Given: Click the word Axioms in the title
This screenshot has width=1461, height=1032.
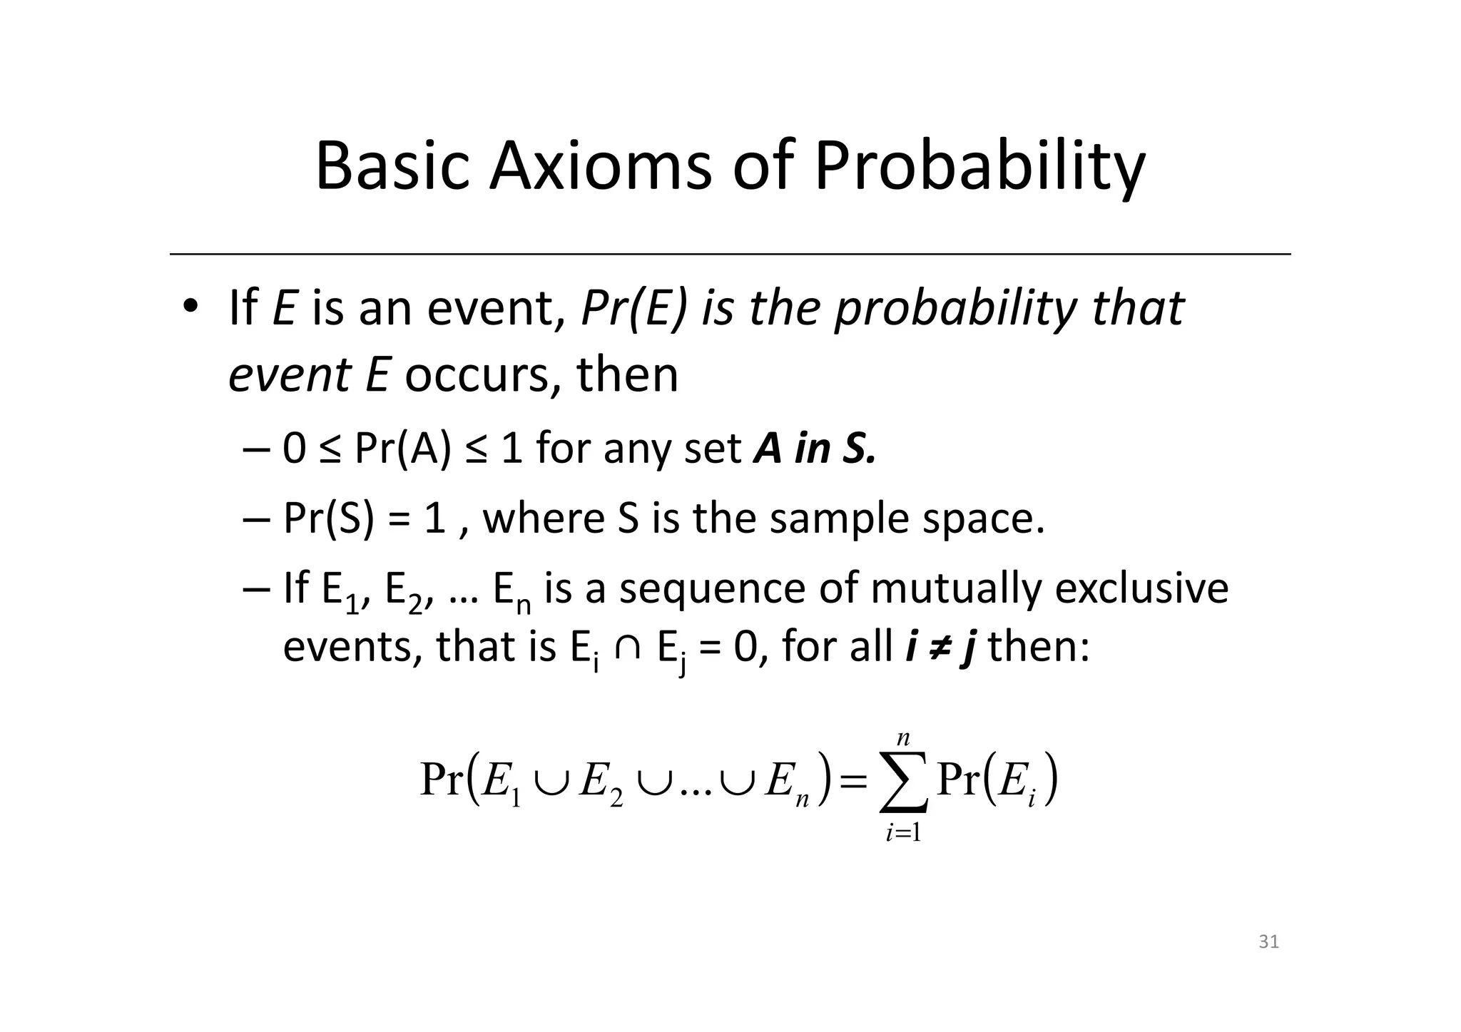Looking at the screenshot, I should (x=599, y=166).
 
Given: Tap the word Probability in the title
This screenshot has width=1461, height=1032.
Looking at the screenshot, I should (x=979, y=168).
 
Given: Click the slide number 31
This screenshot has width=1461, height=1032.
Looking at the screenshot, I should (x=1268, y=942).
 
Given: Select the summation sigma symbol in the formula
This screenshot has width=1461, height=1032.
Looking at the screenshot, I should (x=903, y=782).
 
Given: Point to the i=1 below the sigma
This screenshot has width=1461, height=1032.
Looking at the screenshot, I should (x=903, y=832).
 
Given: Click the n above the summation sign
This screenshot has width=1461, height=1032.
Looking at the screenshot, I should (x=903, y=737).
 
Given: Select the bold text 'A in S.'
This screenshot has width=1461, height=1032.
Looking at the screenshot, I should (x=814, y=449).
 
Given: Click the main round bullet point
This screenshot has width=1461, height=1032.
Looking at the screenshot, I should (x=190, y=307).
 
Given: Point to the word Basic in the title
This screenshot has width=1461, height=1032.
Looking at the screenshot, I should (x=392, y=166).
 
